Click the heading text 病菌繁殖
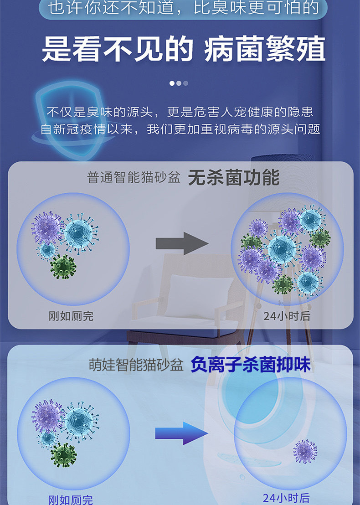coord(265,50)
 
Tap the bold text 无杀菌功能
coord(233,178)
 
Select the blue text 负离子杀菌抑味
coord(250,365)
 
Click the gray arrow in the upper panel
coord(182,243)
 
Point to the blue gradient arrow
coord(181,433)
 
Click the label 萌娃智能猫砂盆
coord(136,365)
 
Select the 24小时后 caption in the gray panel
coord(286,316)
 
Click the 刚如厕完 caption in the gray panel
coord(71,316)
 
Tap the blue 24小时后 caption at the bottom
coord(286,498)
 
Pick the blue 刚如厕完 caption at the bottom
coord(71,500)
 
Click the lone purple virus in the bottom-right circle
coord(305,451)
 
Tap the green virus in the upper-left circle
coord(63,266)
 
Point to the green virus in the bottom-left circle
coord(63,454)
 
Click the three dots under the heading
coord(179,83)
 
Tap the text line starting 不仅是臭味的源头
coord(180,112)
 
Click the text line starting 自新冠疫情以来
coord(180,129)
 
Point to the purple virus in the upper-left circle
coord(47,227)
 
